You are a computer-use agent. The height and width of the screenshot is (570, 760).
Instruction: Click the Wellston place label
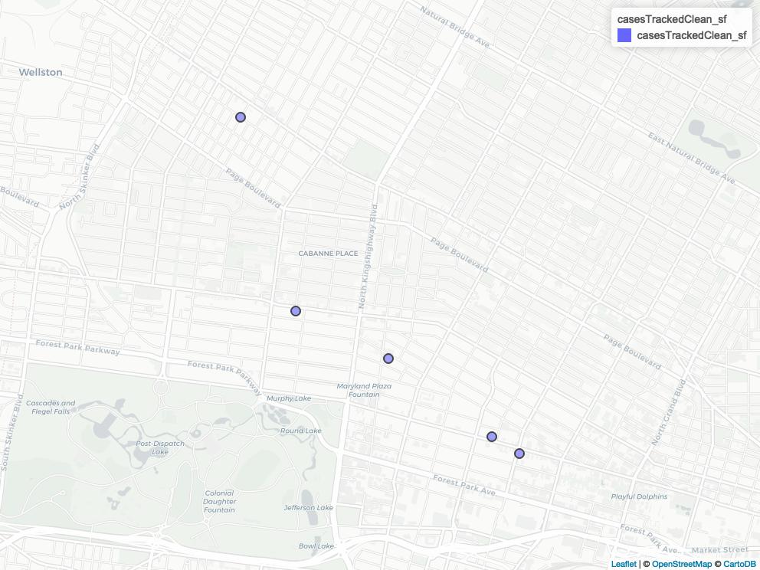41,72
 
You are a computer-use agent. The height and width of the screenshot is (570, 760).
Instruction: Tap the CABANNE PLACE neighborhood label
328,254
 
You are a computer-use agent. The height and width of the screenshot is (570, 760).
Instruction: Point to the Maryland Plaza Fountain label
364,390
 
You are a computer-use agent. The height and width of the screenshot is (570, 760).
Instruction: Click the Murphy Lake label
289,398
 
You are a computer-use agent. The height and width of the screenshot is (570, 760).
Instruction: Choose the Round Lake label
301,431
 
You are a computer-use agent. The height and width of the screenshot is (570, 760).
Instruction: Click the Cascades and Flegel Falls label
51,407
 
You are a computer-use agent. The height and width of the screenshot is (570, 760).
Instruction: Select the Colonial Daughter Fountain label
219,502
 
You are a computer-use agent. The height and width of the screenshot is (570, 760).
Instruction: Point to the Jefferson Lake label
309,507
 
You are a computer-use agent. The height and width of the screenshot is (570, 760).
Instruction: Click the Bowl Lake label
317,545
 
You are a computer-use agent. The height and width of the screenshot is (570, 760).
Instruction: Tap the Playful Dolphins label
639,496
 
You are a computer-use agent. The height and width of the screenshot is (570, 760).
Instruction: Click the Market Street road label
719,549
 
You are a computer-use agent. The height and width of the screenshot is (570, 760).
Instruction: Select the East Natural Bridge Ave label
691,159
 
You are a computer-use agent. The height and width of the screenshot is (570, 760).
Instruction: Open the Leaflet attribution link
624,565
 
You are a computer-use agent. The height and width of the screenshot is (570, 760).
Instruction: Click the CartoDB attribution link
739,565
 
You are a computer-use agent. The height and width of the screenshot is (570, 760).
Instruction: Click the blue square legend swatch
624,35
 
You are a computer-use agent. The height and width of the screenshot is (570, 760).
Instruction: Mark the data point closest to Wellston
241,117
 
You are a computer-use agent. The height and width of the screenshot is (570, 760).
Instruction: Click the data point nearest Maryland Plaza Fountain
388,359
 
